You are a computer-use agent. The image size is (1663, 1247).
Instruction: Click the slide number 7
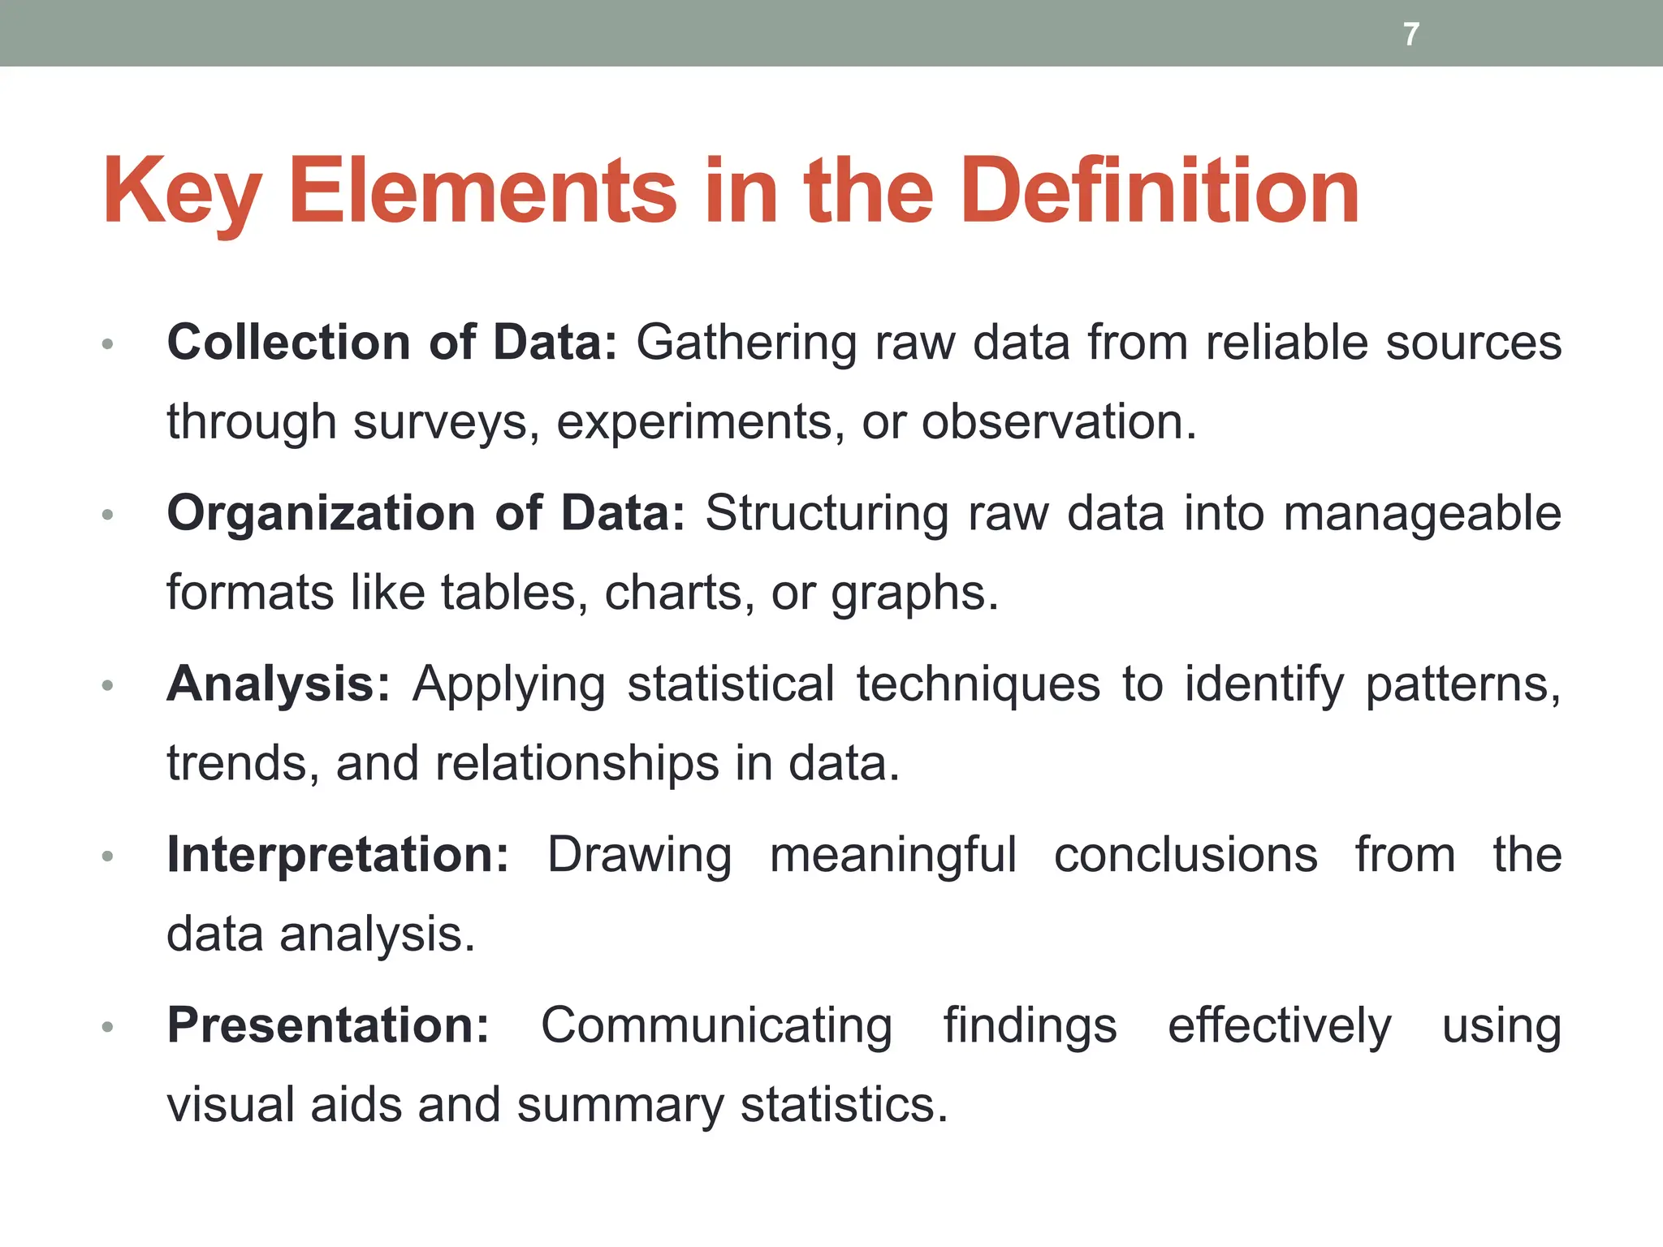click(x=1411, y=34)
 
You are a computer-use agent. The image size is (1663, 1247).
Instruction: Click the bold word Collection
click(x=288, y=342)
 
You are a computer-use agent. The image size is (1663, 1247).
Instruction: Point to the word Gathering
click(x=745, y=343)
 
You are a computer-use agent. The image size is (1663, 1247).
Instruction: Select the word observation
click(x=1058, y=422)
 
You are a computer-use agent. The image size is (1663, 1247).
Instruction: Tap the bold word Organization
click(x=321, y=514)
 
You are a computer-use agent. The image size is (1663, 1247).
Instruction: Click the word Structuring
click(x=827, y=514)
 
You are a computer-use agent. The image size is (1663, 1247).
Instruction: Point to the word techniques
click(x=978, y=684)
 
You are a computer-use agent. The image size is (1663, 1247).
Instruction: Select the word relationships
click(x=577, y=764)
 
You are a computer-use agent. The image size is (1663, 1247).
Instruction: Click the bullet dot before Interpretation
click(x=107, y=857)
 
